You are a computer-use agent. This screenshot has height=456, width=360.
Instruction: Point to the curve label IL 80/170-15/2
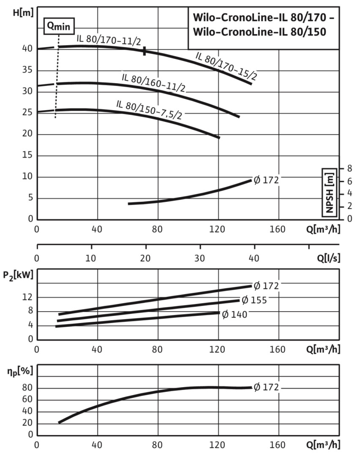tap(226, 66)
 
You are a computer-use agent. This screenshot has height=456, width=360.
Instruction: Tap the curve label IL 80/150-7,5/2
tap(149, 110)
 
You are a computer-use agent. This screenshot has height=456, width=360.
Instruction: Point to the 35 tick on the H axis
tap(27, 70)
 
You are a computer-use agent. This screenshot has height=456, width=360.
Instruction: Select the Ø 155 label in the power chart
tap(254, 300)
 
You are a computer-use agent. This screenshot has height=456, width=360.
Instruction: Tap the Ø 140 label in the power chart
tap(235, 314)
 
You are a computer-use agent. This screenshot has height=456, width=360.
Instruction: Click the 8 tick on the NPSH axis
tap(349, 168)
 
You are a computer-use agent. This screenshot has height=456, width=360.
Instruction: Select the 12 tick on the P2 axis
tap(27, 297)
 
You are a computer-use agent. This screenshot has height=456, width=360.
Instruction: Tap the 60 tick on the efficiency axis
tap(27, 400)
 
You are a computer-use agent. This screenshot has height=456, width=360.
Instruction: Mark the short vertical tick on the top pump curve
tap(145, 51)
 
